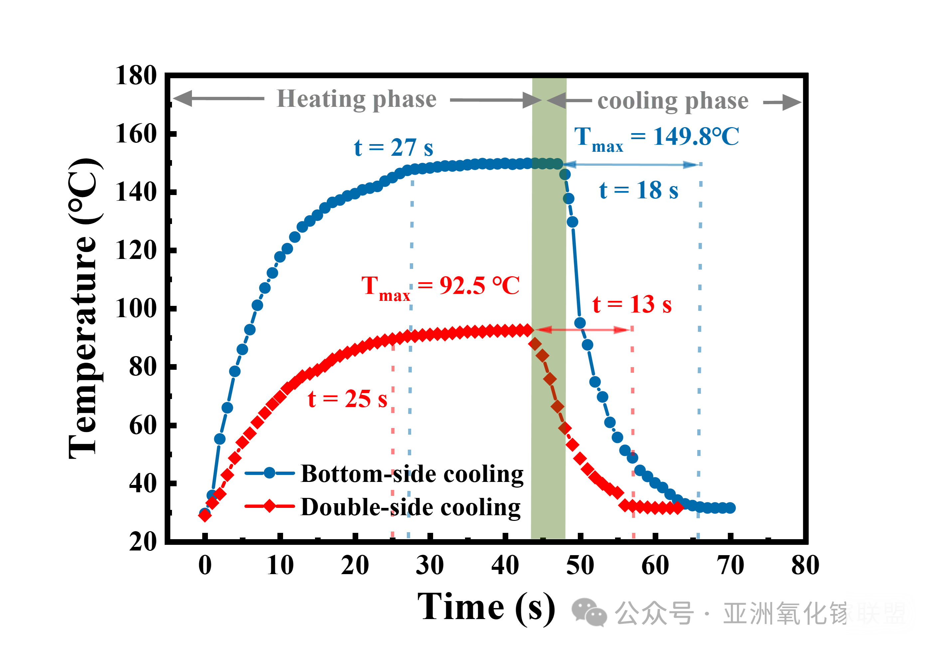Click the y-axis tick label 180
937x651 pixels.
pyautogui.click(x=136, y=76)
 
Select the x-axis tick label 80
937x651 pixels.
pyautogui.click(x=805, y=565)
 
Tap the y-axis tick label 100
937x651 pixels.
pyautogui.click(x=136, y=309)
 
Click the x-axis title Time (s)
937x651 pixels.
pyautogui.click(x=486, y=608)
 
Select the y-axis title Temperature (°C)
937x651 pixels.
pyautogui.click(x=84, y=309)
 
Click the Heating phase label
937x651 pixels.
pyautogui.click(x=357, y=99)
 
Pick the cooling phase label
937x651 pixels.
pyautogui.click(x=673, y=101)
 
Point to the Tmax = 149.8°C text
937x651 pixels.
pyautogui.click(x=656, y=137)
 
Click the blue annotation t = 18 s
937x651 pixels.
pyautogui.click(x=638, y=190)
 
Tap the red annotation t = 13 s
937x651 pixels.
pyautogui.click(x=632, y=304)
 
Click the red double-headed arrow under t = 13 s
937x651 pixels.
pyautogui.click(x=583, y=329)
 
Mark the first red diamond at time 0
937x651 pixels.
pyautogui.click(x=205, y=516)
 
